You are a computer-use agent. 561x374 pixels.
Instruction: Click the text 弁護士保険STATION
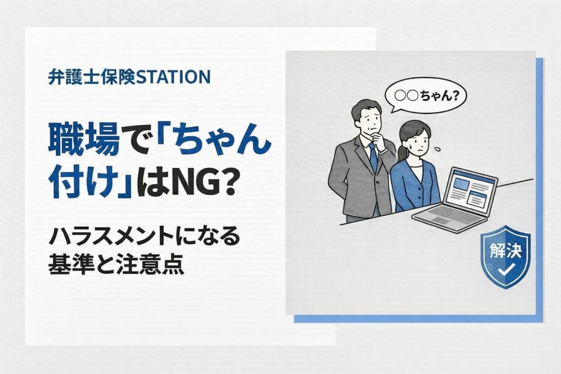pos(129,77)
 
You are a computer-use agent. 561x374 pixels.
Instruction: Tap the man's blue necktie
pos(373,156)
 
